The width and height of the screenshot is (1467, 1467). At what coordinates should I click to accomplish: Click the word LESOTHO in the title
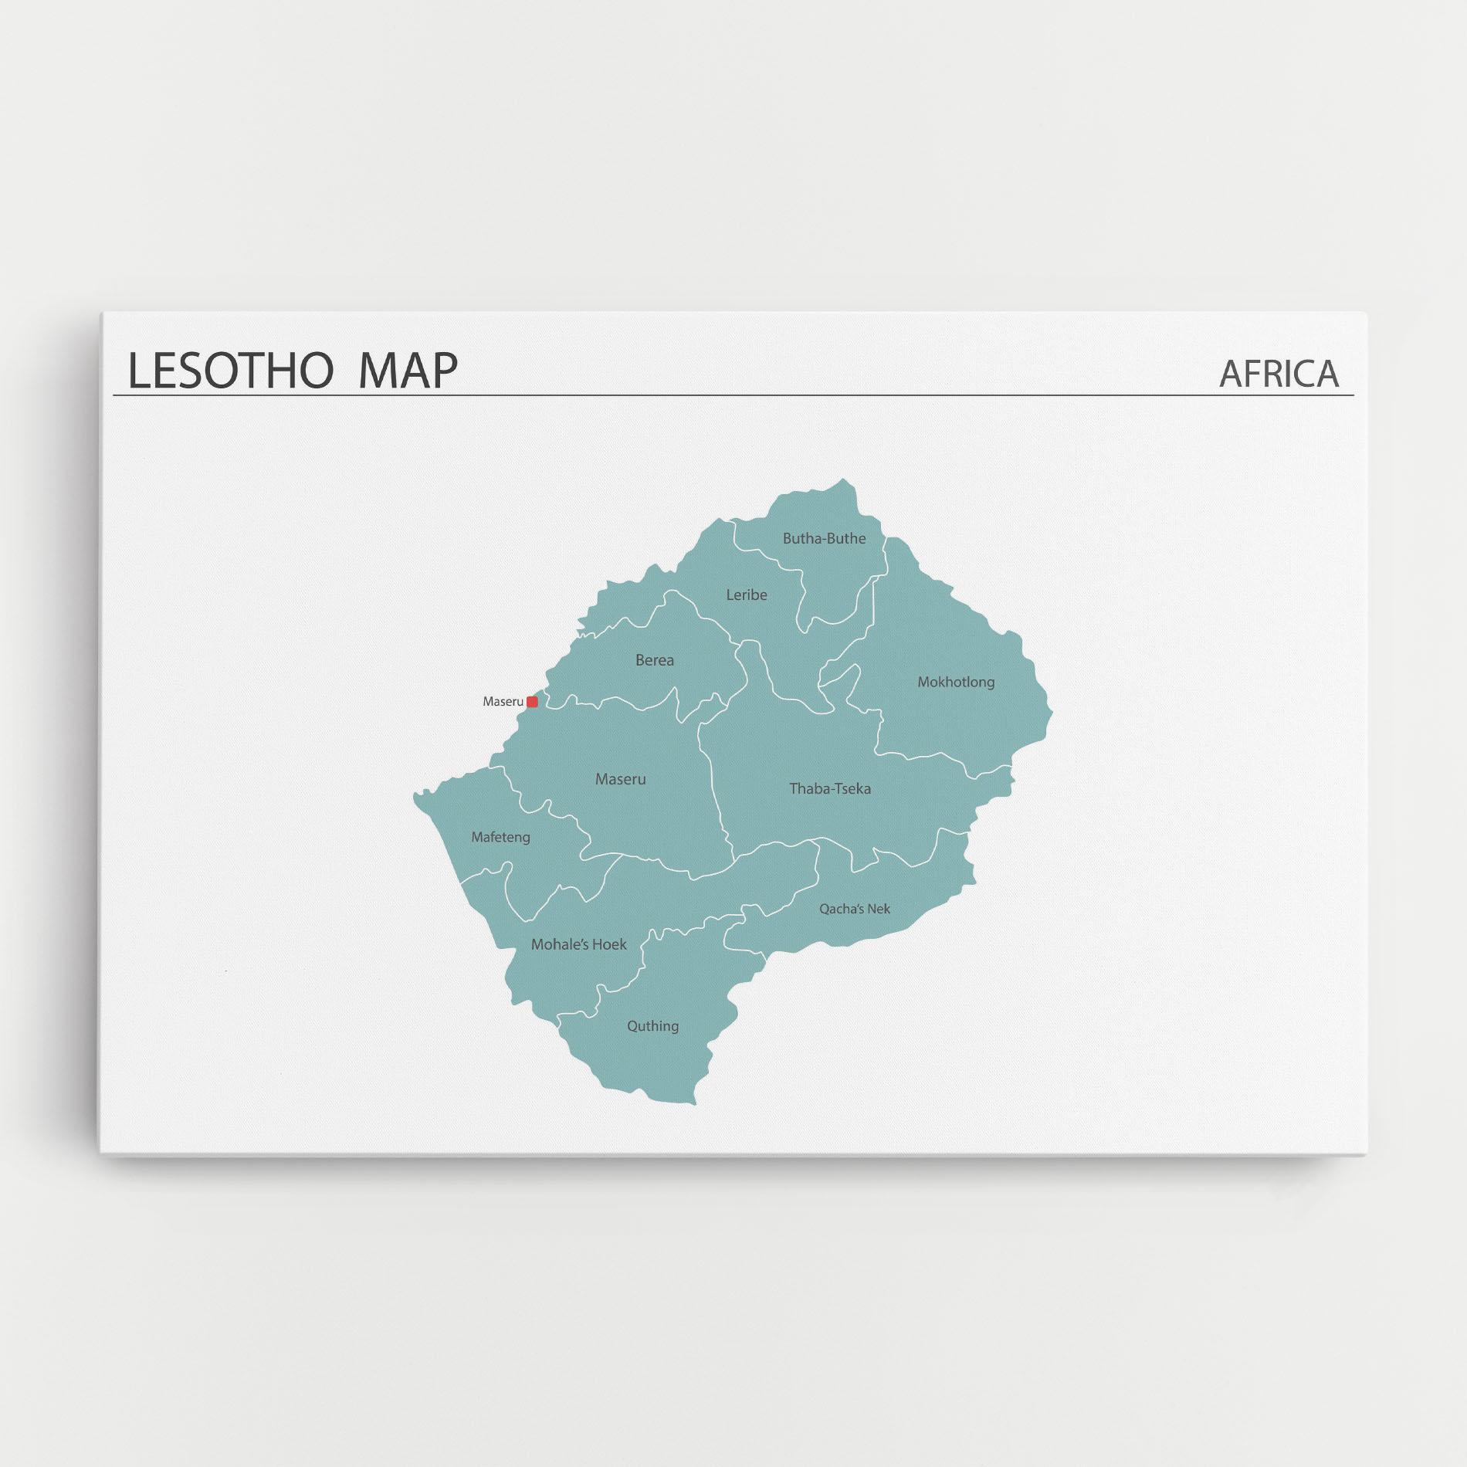229,370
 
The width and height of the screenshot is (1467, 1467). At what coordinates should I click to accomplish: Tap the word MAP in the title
408,370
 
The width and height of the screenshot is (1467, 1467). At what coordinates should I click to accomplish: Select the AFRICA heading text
1279,374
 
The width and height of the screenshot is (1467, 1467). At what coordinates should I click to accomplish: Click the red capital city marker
532,702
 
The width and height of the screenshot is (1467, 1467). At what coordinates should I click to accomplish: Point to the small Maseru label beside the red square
503,702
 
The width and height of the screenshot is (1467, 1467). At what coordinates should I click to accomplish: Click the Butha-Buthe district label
824,539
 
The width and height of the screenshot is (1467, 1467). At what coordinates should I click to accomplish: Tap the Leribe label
747,595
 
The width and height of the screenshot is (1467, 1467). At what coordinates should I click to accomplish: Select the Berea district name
655,660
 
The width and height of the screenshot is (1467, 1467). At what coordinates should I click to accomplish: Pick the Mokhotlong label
956,682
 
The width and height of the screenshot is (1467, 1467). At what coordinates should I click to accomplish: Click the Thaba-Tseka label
830,788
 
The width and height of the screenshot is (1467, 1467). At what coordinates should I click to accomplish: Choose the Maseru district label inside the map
621,779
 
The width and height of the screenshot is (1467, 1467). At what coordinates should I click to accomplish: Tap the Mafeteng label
501,837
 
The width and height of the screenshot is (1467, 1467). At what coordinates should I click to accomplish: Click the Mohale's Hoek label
579,944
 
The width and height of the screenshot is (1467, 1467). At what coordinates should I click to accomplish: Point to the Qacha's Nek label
855,909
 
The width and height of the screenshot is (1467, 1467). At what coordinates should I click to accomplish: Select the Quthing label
653,1025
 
